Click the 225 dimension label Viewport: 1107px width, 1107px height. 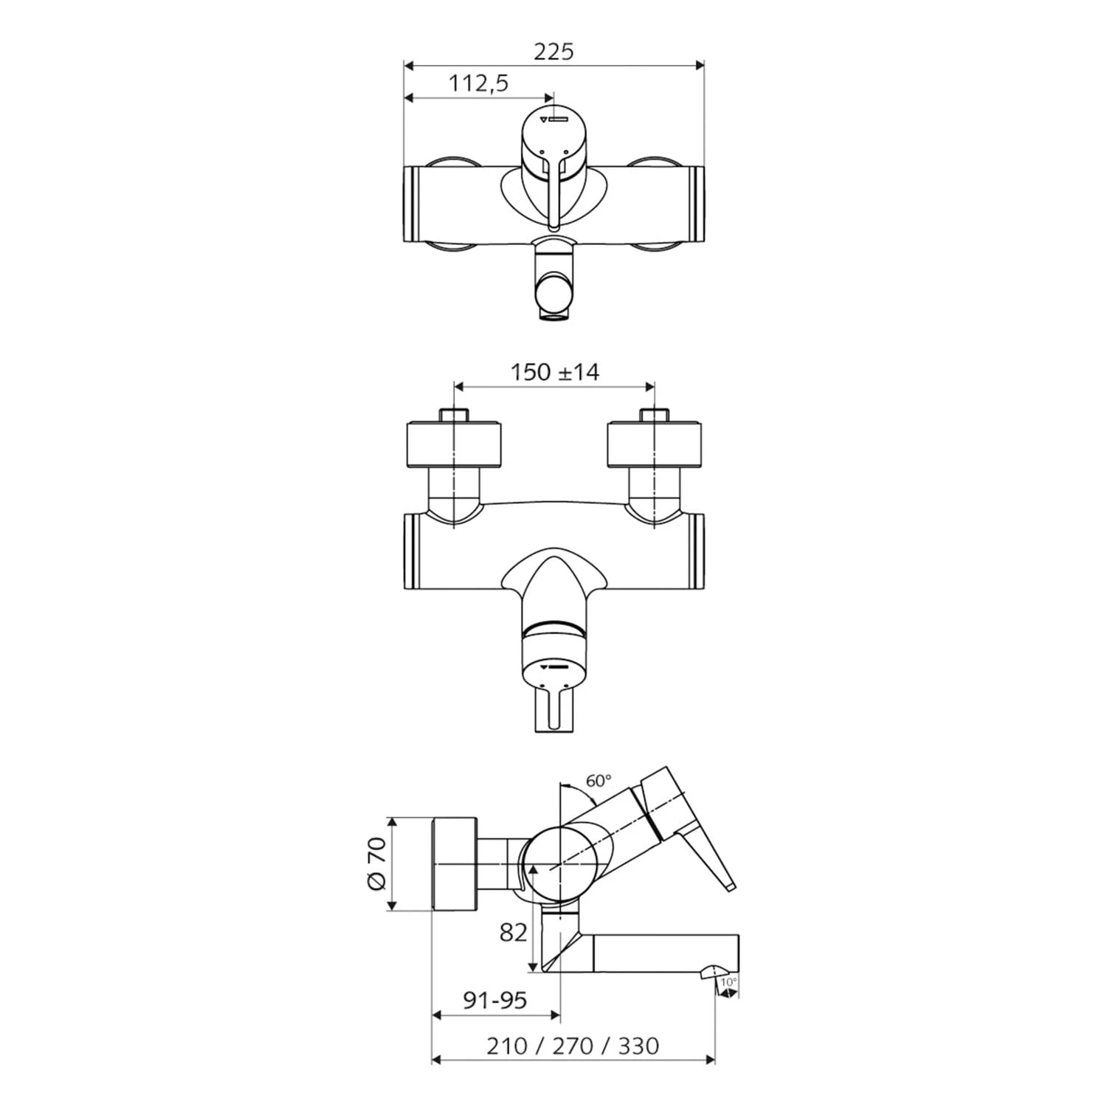(x=553, y=52)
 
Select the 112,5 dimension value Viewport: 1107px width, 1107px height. (x=479, y=83)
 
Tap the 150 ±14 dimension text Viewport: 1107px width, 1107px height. (x=555, y=372)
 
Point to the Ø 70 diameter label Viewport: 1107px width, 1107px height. (x=376, y=863)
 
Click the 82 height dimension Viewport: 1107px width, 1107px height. (x=514, y=932)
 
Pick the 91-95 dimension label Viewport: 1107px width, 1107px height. (x=494, y=1000)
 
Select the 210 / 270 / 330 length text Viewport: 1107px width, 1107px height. (x=573, y=1046)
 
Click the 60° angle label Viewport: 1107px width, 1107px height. (x=599, y=781)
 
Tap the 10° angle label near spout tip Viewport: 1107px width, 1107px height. (x=728, y=982)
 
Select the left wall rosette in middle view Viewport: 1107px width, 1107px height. (x=455, y=444)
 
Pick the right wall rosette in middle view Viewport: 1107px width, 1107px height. (x=654, y=444)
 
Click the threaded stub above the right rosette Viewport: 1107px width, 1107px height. (x=654, y=414)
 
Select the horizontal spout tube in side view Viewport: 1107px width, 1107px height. (x=664, y=953)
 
